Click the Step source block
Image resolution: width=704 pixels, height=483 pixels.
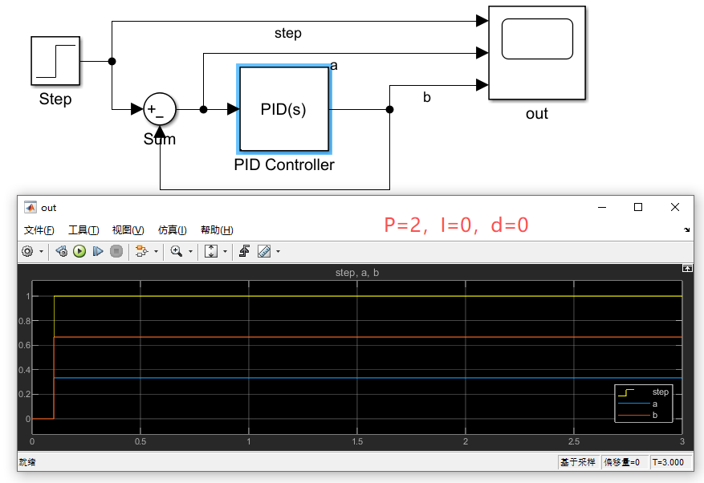(55, 61)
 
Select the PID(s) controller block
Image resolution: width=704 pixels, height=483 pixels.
(283, 109)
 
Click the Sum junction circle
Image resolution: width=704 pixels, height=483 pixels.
(160, 109)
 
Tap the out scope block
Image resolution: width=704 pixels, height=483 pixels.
(537, 52)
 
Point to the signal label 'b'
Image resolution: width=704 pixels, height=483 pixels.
(426, 97)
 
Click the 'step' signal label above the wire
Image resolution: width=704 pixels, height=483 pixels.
(288, 33)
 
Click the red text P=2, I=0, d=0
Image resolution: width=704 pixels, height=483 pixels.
(456, 225)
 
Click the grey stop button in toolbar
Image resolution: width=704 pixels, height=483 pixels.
(116, 251)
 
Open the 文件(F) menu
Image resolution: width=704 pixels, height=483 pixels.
(39, 229)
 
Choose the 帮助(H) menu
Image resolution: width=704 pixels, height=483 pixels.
(217, 229)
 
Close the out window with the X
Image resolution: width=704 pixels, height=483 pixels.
(675, 207)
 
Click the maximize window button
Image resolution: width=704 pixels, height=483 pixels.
(638, 207)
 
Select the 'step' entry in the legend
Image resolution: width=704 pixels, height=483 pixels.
(661, 392)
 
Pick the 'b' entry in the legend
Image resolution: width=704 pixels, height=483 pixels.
(654, 416)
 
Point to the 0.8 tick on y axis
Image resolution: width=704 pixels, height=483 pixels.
(24, 321)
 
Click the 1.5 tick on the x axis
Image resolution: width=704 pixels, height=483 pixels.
(357, 442)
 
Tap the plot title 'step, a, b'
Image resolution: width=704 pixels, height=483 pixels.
(357, 273)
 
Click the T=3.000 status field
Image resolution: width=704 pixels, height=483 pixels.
(668, 462)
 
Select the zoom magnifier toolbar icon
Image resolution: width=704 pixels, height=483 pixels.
(177, 251)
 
